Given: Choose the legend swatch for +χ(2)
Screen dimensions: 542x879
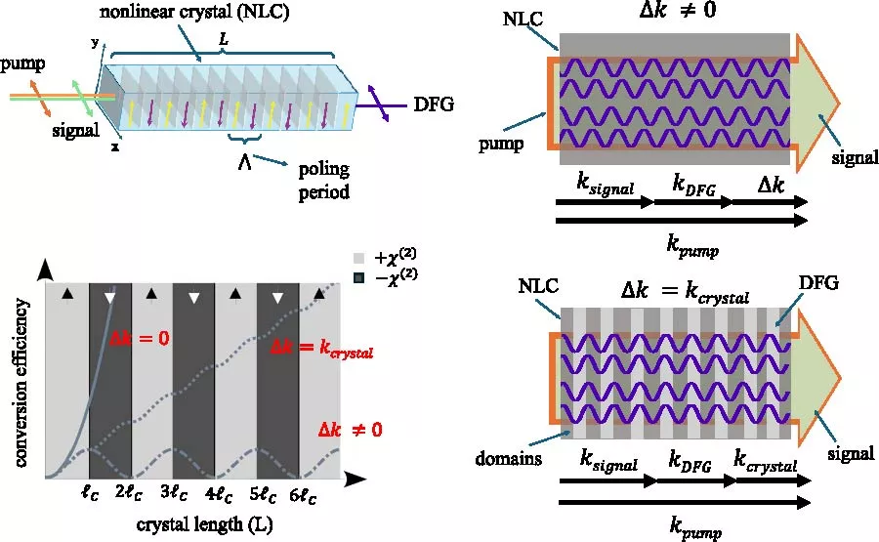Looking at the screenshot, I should click(x=357, y=259).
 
